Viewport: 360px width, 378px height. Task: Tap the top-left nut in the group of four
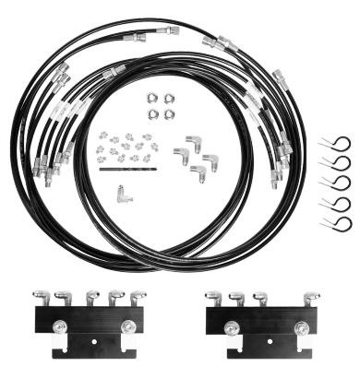pyautogui.click(x=151, y=98)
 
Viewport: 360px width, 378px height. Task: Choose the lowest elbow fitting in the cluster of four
pyautogui.click(x=197, y=170)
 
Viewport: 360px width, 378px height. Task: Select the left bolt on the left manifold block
pyautogui.click(x=57, y=325)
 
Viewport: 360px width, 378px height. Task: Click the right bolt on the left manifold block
pyautogui.click(x=126, y=325)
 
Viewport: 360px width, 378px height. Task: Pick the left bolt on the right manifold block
pyautogui.click(x=226, y=325)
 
